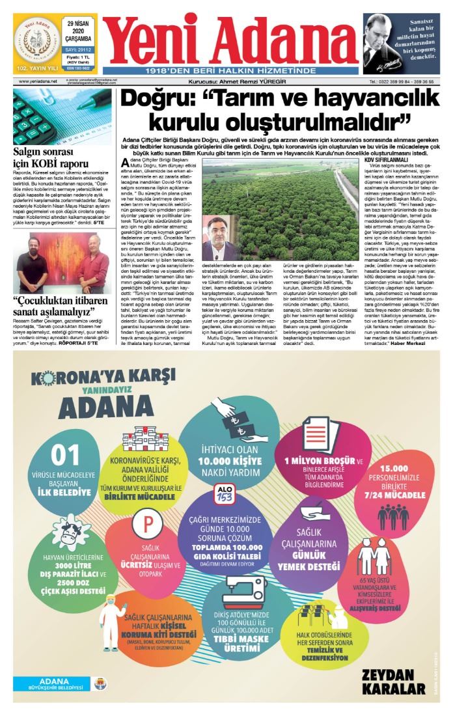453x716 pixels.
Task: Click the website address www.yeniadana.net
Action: point(38,81)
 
